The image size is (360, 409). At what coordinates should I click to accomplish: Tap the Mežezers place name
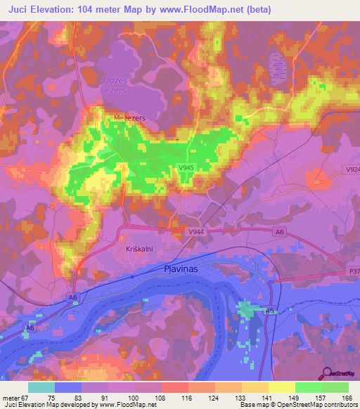[x=130, y=118]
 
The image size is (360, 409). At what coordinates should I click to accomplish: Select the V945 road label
[x=186, y=167]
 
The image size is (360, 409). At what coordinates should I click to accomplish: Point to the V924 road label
[x=352, y=170]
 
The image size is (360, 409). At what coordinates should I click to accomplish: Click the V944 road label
[x=198, y=231]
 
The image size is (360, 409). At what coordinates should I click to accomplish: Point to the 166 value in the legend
[x=348, y=398]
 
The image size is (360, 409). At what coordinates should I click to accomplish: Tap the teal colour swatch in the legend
[x=41, y=387]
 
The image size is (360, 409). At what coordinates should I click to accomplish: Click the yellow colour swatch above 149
[x=281, y=387]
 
